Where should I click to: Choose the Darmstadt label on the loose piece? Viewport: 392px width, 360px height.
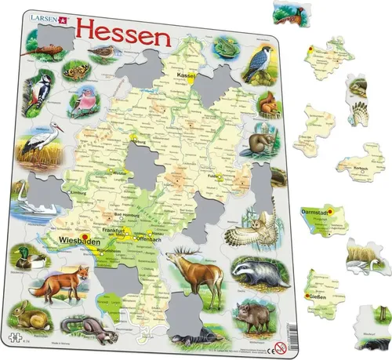pyautogui.click(x=318, y=212)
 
